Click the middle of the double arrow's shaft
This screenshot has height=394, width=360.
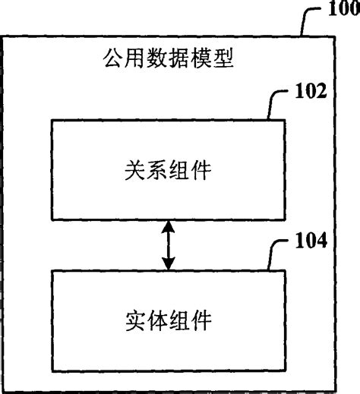[x=166, y=245]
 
